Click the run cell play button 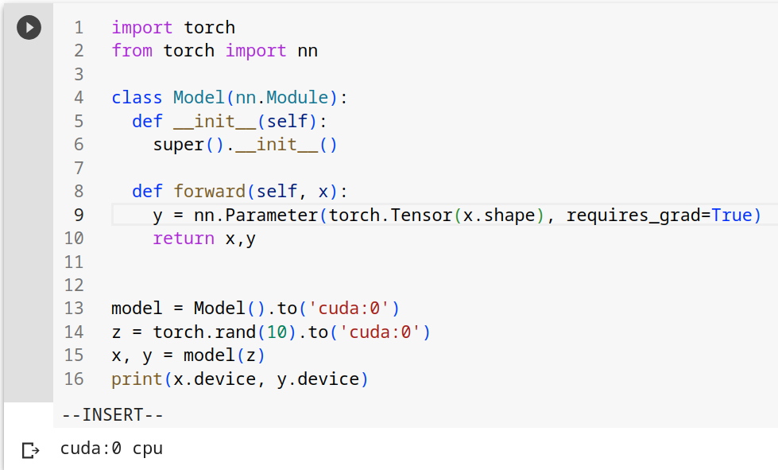29,27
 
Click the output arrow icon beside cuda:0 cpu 31,450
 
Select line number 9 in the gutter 79,215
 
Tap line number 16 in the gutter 74,379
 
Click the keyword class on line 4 137,97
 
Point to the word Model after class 199,97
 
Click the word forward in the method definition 210,191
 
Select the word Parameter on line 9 272,215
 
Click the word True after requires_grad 732,215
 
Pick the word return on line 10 184,239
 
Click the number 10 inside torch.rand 277,332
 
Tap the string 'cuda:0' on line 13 349,309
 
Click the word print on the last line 137,379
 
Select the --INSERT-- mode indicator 113,414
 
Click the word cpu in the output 148,449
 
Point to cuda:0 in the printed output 91,449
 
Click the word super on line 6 179,145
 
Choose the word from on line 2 132,51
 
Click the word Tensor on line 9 421,215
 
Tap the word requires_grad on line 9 633,216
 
